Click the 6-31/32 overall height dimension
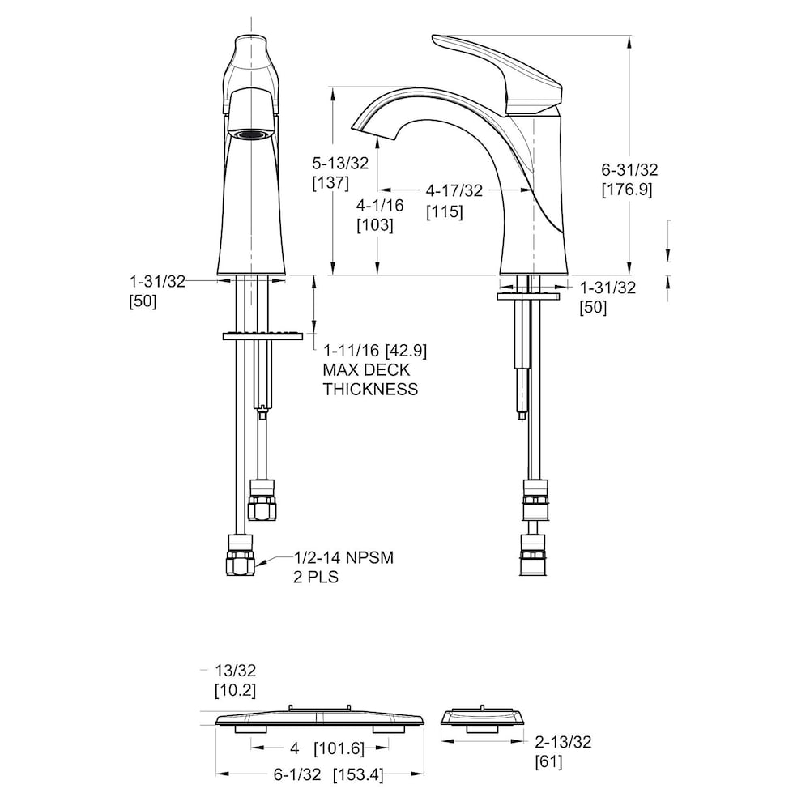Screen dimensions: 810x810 [629, 169]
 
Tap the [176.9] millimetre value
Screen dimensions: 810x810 [627, 190]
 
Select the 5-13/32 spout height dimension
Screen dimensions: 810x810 [340, 164]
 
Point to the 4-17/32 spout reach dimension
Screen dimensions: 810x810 [454, 190]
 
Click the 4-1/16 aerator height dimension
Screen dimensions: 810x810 [380, 205]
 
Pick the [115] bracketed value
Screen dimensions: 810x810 [444, 211]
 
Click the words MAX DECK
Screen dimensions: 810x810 [366, 370]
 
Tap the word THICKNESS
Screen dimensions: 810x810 [370, 389]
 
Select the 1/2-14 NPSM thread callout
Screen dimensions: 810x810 [344, 558]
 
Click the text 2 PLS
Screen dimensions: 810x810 [316, 577]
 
